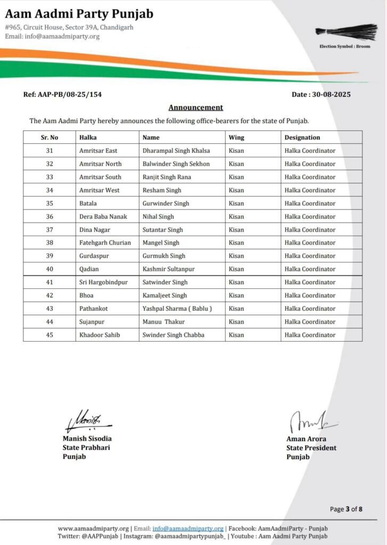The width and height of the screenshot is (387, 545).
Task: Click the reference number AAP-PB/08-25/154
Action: [x=63, y=94]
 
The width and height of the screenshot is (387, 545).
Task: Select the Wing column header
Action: [x=236, y=137]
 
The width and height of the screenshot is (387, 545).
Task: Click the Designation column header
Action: [x=302, y=137]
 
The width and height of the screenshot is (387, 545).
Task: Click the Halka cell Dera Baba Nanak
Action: [x=103, y=217]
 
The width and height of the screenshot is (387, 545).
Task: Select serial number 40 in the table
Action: [x=50, y=269]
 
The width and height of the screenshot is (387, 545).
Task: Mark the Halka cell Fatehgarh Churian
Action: [x=105, y=243]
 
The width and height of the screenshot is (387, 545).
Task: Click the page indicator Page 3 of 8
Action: [x=346, y=509]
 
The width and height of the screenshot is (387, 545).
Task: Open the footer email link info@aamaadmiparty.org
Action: [x=188, y=529]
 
